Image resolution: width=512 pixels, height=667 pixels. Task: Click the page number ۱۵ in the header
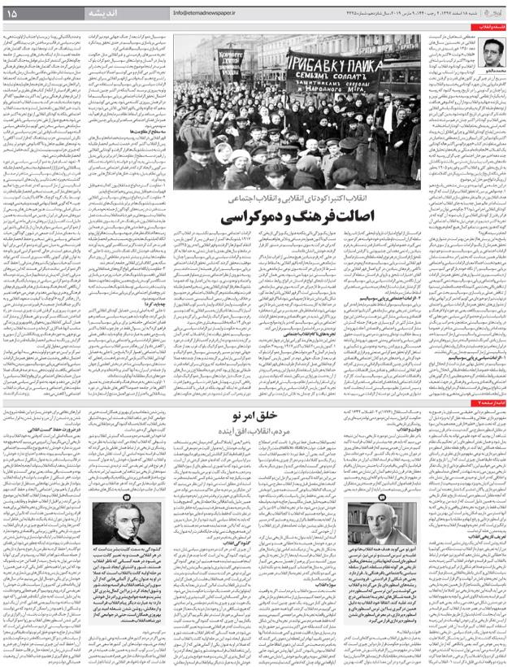click(x=18, y=13)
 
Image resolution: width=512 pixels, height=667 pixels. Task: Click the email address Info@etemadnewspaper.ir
click(x=210, y=13)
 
